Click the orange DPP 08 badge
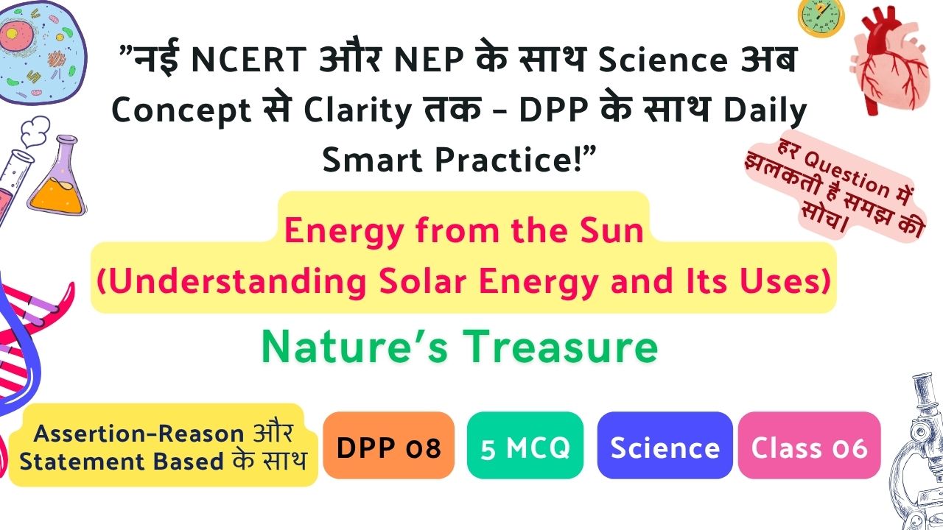point(388,445)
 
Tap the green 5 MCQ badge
point(525,445)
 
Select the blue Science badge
point(665,445)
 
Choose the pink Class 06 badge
point(809,445)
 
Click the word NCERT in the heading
point(249,60)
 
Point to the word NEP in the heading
point(430,60)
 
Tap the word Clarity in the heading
point(357,111)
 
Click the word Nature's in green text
point(354,347)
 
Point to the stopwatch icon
point(821,17)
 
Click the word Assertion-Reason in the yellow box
point(139,434)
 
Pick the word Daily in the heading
point(765,111)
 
